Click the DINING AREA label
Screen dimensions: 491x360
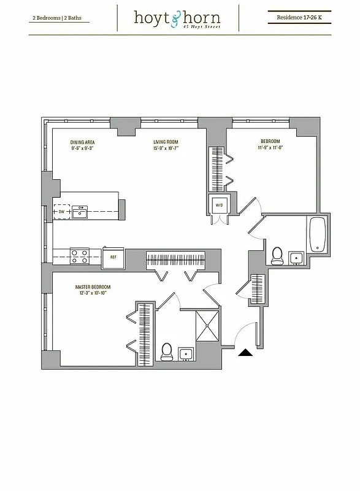(82, 142)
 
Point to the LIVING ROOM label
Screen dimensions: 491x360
(166, 142)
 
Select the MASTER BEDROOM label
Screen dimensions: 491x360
(93, 287)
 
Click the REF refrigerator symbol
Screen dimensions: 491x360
(113, 258)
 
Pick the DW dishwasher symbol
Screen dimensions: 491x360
(61, 212)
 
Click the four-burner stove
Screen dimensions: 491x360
(79, 256)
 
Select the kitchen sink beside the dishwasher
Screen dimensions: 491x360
(80, 213)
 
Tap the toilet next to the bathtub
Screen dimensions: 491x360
(277, 255)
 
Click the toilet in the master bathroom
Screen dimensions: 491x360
(166, 352)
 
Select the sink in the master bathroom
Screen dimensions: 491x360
(186, 354)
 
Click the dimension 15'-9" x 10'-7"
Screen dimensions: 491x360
(166, 148)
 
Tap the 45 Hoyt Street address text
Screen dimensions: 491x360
(207, 27)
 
